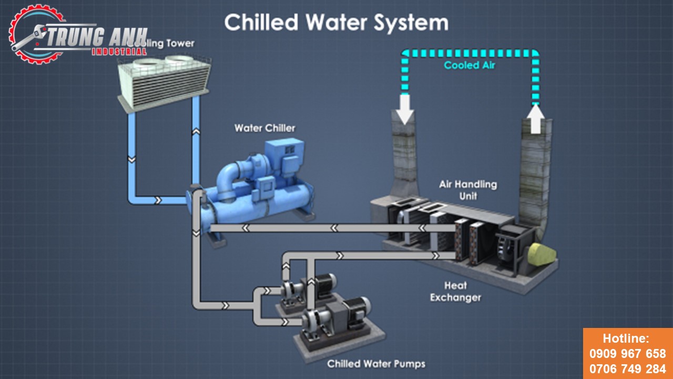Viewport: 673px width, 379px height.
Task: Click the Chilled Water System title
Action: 336,23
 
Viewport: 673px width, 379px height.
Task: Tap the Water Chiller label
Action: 265,128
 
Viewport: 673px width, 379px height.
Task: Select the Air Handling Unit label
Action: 468,190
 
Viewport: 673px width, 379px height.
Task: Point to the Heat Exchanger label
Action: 455,292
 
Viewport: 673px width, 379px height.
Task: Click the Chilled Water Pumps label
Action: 376,364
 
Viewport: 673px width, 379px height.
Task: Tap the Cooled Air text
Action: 470,65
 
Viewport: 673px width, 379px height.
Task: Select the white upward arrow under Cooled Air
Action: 535,118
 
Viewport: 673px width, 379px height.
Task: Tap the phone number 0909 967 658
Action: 628,354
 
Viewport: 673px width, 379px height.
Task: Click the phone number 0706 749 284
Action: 628,368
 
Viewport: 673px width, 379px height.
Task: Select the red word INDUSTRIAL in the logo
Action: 119,52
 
